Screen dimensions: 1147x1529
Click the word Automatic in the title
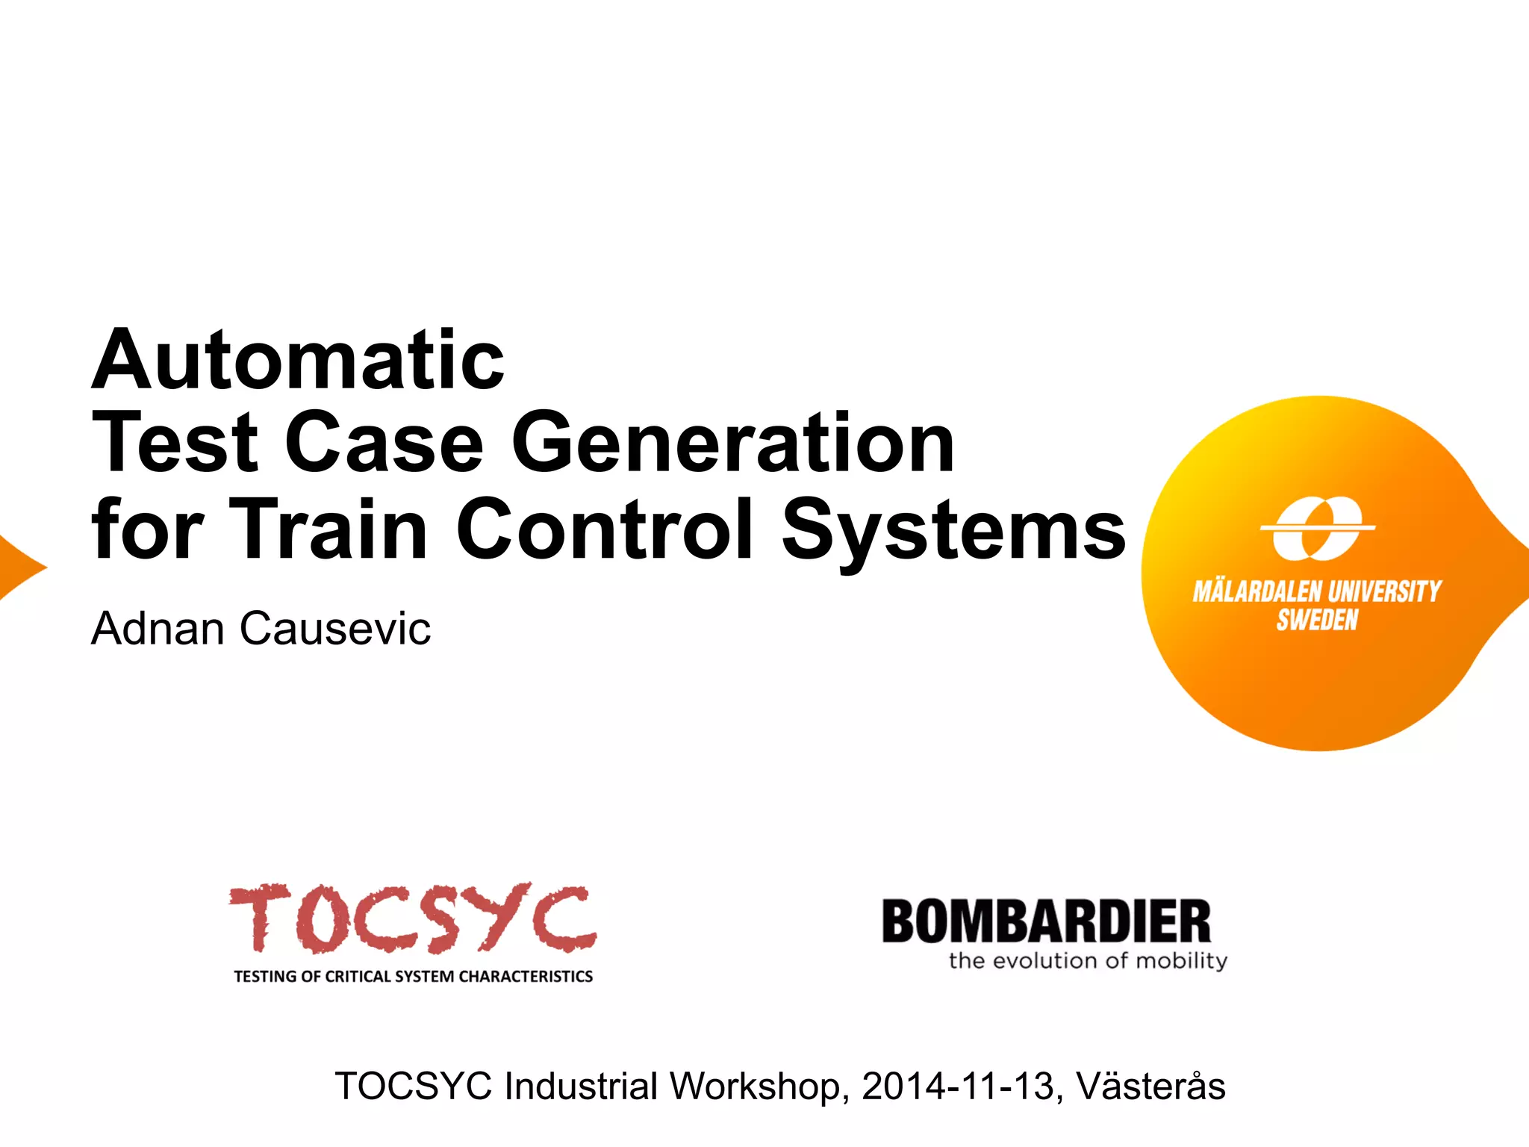[298, 361]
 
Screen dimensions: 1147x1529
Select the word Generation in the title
[732, 444]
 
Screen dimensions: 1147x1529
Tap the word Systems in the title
[953, 529]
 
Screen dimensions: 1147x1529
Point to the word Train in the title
[328, 529]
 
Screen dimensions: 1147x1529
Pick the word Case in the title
[384, 444]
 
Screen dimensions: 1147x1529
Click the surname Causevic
[335, 629]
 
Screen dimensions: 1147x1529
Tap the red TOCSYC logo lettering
[412, 918]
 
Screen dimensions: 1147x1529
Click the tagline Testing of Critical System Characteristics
[413, 977]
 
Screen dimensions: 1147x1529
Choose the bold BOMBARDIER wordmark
[1046, 922]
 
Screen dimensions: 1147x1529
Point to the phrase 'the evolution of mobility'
[1088, 960]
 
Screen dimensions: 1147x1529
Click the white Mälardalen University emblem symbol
[1318, 528]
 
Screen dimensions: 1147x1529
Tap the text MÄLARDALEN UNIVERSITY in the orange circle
[1317, 592]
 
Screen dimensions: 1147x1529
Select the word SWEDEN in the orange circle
[1317, 621]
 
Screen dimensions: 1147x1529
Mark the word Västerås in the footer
[1150, 1087]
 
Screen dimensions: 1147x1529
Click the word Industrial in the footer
[580, 1087]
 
